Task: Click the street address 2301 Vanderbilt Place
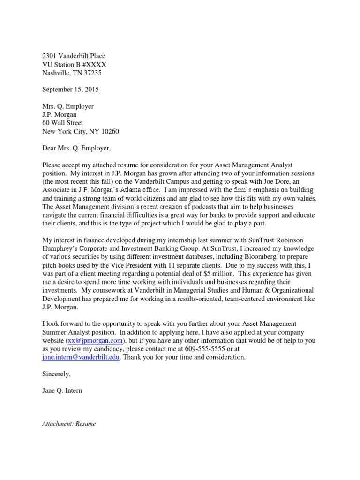click(74, 56)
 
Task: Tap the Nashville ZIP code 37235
click(92, 73)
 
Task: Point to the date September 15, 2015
click(71, 89)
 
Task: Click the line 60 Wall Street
click(63, 123)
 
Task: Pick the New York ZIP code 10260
click(109, 131)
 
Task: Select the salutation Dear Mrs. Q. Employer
click(77, 149)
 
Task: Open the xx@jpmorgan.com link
click(96, 340)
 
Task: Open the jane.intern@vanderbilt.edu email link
click(81, 357)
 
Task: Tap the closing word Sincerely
click(56, 374)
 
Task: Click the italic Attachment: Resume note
click(69, 424)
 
